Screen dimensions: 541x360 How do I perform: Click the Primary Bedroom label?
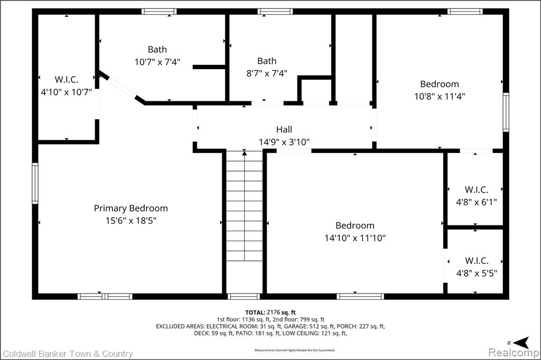pyautogui.click(x=131, y=209)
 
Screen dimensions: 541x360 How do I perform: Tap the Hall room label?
pyautogui.click(x=284, y=130)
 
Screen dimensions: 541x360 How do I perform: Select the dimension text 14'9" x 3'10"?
pyautogui.click(x=284, y=141)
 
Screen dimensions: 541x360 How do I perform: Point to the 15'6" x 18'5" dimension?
pyautogui.click(x=131, y=220)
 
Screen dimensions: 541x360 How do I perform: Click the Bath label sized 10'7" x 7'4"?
pyautogui.click(x=157, y=50)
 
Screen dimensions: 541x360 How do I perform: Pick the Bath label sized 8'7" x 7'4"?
pyautogui.click(x=267, y=61)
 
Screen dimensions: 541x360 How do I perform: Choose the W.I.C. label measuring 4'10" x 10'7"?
pyautogui.click(x=66, y=80)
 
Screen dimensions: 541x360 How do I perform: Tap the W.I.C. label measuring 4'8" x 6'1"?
pyautogui.click(x=476, y=190)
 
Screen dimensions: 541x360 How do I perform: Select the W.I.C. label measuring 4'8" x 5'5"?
pyautogui.click(x=477, y=261)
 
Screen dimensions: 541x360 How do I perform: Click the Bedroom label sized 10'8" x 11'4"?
pyautogui.click(x=439, y=84)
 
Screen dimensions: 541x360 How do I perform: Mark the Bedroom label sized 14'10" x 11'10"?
pyautogui.click(x=355, y=225)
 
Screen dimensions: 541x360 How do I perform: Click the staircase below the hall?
pyautogui.click(x=245, y=206)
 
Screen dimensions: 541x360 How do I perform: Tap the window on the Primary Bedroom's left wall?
pyautogui.click(x=35, y=183)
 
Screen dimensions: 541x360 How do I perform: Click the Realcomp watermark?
pyautogui.click(x=514, y=353)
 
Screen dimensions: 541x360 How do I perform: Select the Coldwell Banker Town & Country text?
pyautogui.click(x=68, y=354)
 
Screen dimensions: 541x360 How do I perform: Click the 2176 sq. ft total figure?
pyautogui.click(x=281, y=313)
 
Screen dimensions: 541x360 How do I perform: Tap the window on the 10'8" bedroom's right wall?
pyautogui.click(x=506, y=112)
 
